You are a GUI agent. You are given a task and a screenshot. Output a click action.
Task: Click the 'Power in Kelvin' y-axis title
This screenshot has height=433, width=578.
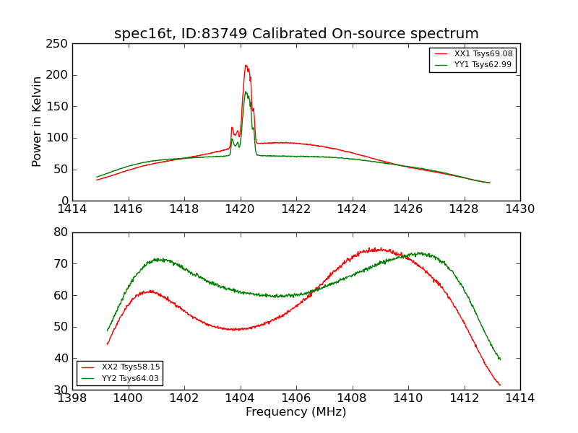(x=37, y=122)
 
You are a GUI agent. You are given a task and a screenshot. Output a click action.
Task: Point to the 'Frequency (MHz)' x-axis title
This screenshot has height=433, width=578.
(x=296, y=412)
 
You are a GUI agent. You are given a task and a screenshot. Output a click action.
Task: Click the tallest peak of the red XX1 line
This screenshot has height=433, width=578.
(x=246, y=65)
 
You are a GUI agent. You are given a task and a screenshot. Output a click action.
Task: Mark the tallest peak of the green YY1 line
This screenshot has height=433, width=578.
(x=246, y=92)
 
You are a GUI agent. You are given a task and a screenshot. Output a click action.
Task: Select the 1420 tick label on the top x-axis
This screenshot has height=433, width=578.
(x=241, y=209)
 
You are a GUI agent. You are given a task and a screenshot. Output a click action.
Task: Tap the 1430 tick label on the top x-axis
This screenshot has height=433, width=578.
(x=520, y=209)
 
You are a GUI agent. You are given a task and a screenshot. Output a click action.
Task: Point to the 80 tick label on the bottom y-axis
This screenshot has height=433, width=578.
(x=62, y=232)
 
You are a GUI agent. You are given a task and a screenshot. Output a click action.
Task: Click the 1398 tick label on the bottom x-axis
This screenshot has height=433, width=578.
(x=72, y=398)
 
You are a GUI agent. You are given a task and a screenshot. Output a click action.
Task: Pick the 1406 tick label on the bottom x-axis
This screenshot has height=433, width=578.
(x=296, y=398)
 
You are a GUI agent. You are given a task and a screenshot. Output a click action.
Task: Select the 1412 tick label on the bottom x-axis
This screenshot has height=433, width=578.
(x=464, y=398)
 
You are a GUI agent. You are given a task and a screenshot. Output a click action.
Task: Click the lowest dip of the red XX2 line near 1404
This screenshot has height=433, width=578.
(x=233, y=330)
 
